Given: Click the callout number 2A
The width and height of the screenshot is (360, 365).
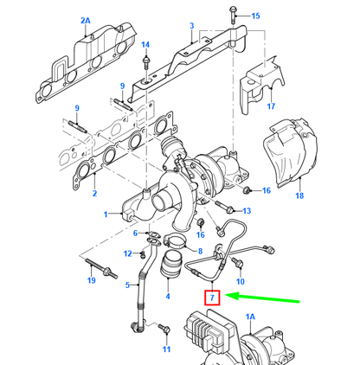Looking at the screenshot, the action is pos(86,21).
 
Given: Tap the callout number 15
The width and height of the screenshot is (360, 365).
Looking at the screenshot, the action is pos(255,16).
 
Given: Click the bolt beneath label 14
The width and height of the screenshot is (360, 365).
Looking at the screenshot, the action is pos(146,63).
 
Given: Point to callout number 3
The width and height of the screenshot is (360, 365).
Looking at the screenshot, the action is pos(192,26).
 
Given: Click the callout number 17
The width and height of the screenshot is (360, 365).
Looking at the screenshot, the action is pos(271,106).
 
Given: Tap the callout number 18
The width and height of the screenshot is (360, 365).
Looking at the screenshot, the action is pos(299,195).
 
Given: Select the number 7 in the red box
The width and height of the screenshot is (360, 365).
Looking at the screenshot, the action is pos(212,298).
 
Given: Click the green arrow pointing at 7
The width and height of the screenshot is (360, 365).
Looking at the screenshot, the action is pos(262,298).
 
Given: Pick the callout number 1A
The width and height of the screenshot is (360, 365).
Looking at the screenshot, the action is pos(250,317).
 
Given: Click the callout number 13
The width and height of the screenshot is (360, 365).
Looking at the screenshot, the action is pos(247,211).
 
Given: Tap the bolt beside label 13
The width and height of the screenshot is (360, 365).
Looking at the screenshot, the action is pos(224,208).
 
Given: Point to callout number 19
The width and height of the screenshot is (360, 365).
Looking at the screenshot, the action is pos(91,280).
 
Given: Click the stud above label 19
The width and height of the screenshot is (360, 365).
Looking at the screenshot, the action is pos(101,269).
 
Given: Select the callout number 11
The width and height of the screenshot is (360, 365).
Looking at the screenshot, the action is pos(166,349).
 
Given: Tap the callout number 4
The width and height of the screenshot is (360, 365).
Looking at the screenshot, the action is pos(168,296).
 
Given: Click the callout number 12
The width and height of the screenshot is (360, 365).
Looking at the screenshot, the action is pos(128,253).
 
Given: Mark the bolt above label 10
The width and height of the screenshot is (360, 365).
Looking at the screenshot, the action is pos(237,263).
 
